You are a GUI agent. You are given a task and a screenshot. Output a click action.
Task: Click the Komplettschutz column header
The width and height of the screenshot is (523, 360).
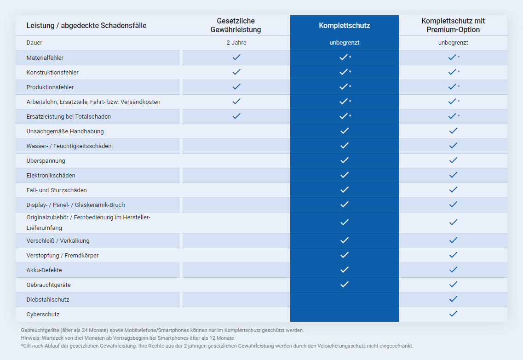coord(344,25)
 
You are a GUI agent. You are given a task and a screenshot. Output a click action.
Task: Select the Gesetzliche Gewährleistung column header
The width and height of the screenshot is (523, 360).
coord(236,25)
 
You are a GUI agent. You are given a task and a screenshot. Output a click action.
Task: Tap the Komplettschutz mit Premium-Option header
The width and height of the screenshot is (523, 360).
coord(453,25)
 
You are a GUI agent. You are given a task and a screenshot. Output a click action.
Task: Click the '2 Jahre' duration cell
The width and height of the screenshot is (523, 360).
coord(236,43)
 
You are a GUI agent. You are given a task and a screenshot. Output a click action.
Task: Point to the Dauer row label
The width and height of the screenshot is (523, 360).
coord(34,43)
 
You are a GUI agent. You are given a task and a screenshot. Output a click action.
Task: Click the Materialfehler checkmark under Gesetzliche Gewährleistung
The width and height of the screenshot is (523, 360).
coord(236,57)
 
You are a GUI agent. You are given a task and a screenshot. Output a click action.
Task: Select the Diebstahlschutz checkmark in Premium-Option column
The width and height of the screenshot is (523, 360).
coord(453,299)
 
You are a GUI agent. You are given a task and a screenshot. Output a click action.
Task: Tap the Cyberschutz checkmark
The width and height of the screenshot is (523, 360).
coord(453,314)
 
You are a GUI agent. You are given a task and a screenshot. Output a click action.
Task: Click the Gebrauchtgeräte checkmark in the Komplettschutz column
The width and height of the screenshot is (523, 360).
coord(345,284)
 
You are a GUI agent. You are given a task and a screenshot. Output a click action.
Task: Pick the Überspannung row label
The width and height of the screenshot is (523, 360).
coord(46,160)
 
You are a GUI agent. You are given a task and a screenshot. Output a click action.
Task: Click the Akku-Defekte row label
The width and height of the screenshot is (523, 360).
coord(44,270)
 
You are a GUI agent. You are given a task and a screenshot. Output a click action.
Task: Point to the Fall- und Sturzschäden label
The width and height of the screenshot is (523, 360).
coord(57,190)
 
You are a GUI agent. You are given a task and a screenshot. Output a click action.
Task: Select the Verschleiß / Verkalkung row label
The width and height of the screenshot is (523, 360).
coord(57,240)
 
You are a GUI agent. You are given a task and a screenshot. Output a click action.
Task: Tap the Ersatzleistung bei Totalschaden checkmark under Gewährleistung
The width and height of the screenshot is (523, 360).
coord(236,116)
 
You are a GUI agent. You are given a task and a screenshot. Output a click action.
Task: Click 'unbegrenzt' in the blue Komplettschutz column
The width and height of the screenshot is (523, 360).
coord(344,43)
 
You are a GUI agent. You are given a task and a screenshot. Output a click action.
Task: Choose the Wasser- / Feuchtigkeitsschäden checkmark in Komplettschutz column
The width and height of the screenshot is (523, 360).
coord(345,145)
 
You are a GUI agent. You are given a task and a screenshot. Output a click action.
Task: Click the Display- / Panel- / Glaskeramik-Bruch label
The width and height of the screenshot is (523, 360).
coord(76,205)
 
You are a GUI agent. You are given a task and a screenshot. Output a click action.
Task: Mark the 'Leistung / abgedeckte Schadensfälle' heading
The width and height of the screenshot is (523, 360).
coord(86,25)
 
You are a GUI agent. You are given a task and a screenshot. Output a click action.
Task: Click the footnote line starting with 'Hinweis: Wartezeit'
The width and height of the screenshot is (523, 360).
coord(127,338)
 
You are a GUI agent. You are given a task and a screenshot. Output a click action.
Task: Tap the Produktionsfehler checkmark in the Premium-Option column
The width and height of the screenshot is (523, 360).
coord(452,86)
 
